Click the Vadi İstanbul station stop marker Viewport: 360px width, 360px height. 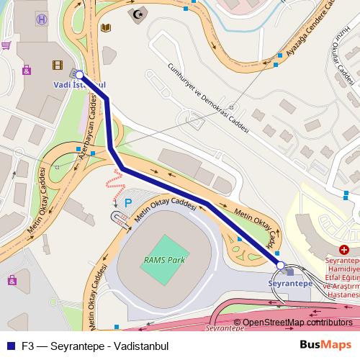[78, 74]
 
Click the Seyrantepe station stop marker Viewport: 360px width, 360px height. [280, 265]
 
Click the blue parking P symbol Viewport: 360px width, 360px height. [129, 204]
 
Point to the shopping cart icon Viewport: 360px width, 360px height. [6, 45]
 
